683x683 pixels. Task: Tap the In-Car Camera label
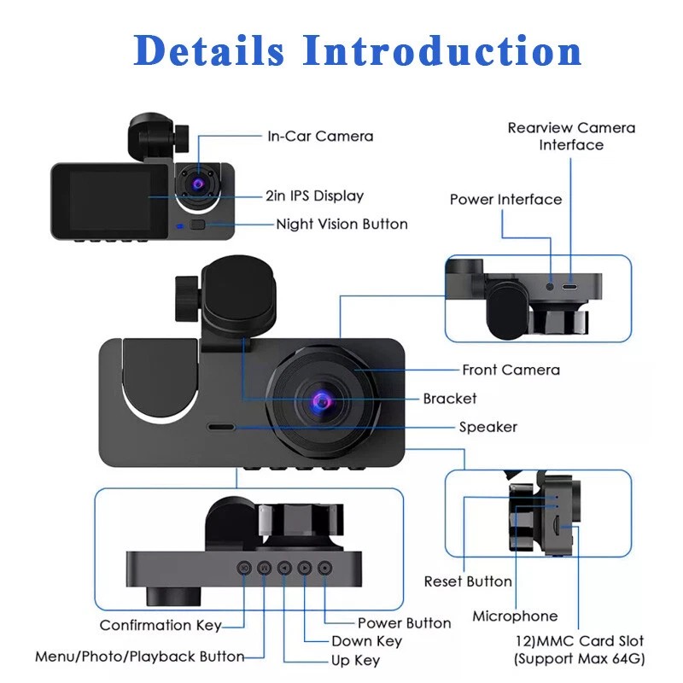pos(320,136)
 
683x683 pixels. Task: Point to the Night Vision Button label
pos(341,225)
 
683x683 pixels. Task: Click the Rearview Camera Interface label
pos(571,136)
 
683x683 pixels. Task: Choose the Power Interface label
pos(505,199)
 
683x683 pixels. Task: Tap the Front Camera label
pos(511,370)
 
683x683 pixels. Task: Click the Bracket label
pos(450,399)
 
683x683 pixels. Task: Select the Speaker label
pos(488,427)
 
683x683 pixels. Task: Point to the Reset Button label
pos(468,581)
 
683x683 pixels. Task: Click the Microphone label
pos(515,616)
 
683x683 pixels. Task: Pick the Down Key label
pos(366,641)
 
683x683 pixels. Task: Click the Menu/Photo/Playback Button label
pos(139,657)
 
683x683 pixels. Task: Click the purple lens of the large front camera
pos(322,400)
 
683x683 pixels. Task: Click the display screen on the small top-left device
pos(102,199)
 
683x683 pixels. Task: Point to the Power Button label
pos(404,623)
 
